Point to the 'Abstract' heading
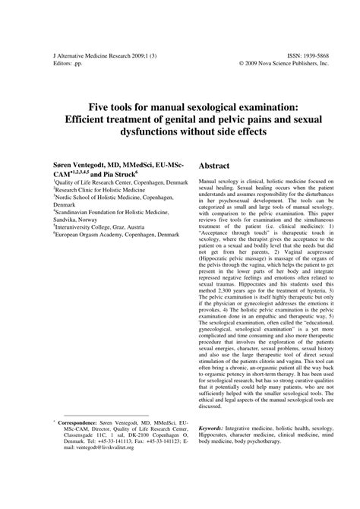[219, 165]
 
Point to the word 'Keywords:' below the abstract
[215, 428]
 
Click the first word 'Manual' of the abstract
[210, 183]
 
